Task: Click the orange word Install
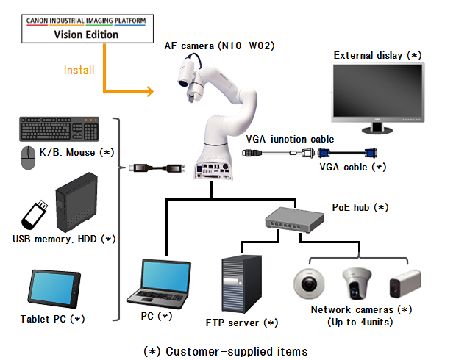coord(79,71)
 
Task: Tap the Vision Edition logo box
coord(87,29)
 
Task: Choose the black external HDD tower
coord(76,201)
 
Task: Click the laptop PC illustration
coord(162,282)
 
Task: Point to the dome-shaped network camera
coord(308,284)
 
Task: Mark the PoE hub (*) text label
coord(360,207)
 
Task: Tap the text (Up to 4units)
coord(360,322)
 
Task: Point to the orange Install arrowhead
coord(149,92)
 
